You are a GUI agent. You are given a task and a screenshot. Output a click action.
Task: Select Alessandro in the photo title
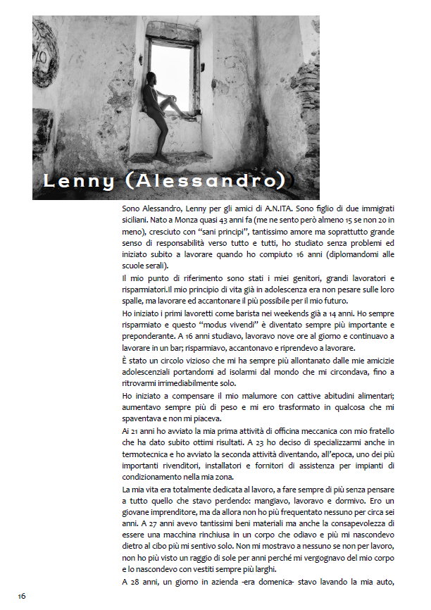tap(211, 181)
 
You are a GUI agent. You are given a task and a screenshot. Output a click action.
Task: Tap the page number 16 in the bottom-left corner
tap(22, 595)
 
